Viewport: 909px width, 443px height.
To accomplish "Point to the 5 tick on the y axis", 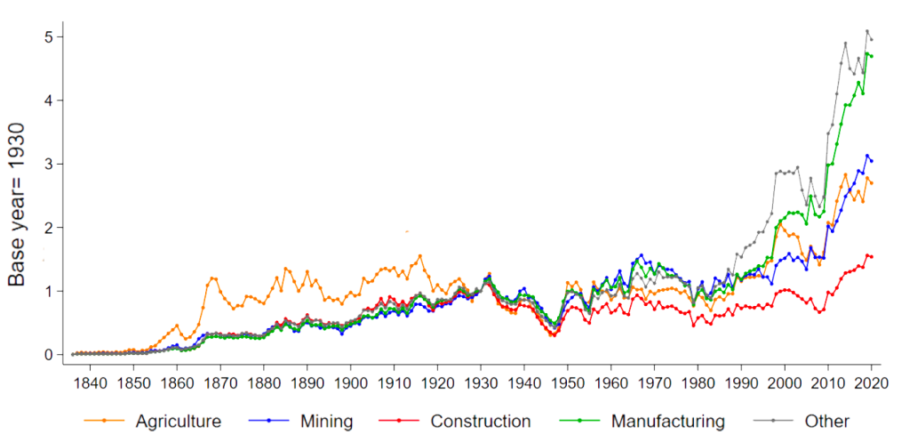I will pyautogui.click(x=49, y=36).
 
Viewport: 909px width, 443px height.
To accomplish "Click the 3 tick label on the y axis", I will pyautogui.click(x=49, y=164).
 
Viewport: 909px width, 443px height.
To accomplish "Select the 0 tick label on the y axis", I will pyautogui.click(x=49, y=355).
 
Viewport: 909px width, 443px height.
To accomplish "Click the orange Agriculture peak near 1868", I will pyautogui.click(x=213, y=278).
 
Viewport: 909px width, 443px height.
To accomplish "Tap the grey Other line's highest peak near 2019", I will pyautogui.click(x=867, y=31).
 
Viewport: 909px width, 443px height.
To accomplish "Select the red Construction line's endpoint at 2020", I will pyautogui.click(x=872, y=257).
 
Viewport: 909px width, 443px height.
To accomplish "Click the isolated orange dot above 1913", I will pyautogui.click(x=407, y=231).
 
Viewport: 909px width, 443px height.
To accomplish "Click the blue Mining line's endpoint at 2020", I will pyautogui.click(x=872, y=161).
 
